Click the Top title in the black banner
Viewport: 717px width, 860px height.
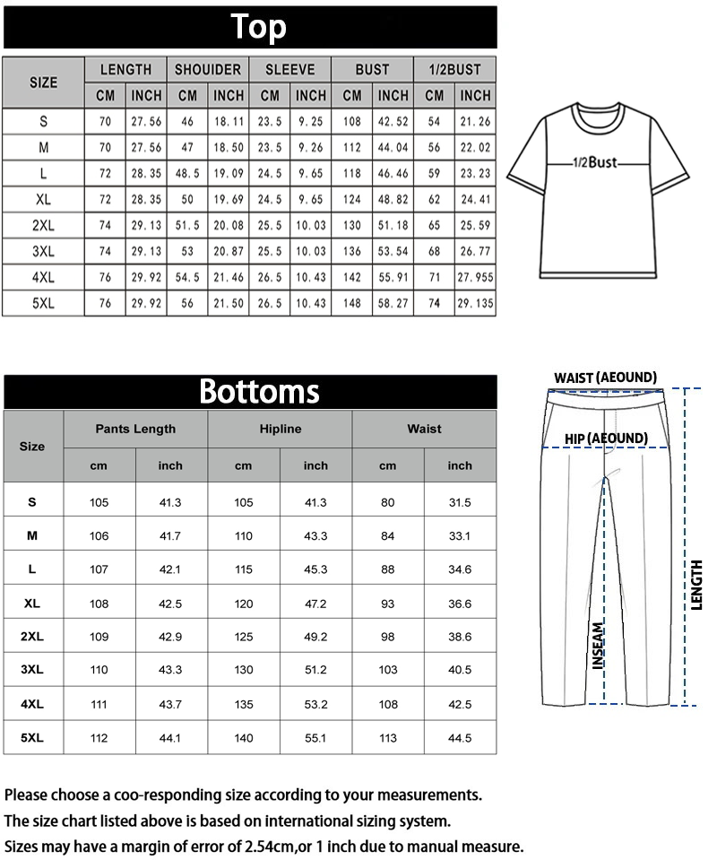point(258,27)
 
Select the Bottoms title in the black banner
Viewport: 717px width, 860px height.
point(258,391)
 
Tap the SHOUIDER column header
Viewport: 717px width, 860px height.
point(208,69)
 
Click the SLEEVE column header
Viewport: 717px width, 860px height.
point(290,69)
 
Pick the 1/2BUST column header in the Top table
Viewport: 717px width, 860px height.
point(454,69)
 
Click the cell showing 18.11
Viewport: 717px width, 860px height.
point(229,122)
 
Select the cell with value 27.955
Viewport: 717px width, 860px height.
point(475,278)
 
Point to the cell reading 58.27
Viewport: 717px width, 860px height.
point(393,304)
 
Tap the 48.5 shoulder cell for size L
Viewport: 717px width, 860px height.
point(187,174)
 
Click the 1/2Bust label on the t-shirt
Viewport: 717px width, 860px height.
point(596,163)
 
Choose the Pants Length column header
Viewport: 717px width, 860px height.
point(135,429)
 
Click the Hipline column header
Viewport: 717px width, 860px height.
point(280,429)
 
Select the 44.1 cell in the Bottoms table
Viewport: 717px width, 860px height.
point(170,738)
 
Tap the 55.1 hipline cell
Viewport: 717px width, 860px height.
point(315,738)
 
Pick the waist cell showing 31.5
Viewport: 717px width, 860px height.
point(460,502)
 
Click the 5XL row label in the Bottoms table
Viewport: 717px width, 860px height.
point(32,738)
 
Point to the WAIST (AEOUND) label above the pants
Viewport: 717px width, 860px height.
point(605,378)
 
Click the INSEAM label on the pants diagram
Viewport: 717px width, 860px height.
point(598,646)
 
